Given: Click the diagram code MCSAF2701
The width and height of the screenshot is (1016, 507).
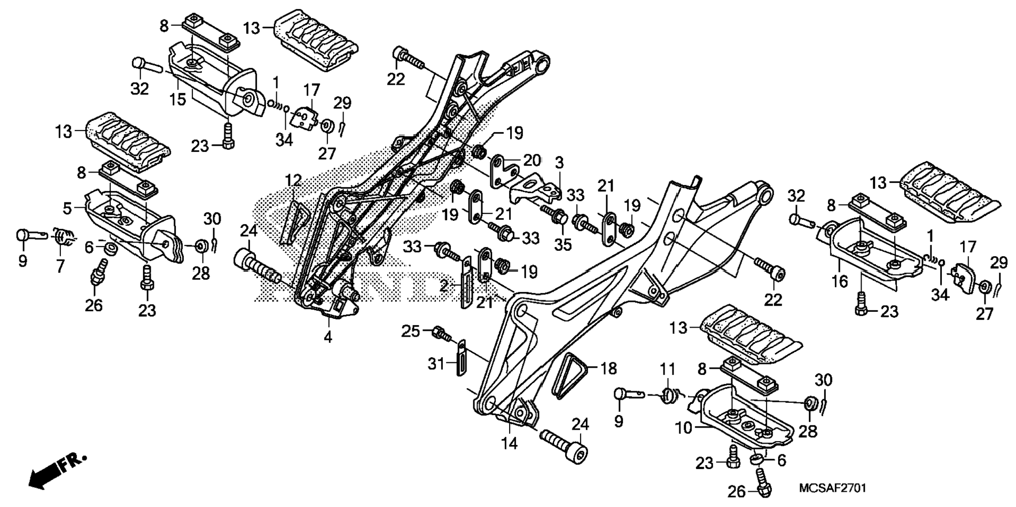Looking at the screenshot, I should click(x=832, y=488).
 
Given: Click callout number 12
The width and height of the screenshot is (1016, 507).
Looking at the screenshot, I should click(x=293, y=181).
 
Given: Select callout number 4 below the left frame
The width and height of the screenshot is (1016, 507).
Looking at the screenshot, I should click(x=328, y=337).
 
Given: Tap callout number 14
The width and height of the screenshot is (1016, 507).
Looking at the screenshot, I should click(x=510, y=443).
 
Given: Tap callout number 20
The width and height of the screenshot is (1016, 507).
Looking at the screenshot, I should click(x=531, y=160).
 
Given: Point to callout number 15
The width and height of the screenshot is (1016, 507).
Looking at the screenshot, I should click(x=178, y=99).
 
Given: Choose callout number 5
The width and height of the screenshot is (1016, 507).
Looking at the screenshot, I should click(x=67, y=208).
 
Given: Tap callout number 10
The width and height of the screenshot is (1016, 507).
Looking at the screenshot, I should click(x=683, y=428).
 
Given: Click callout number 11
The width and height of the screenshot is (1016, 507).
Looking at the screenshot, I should click(x=667, y=369).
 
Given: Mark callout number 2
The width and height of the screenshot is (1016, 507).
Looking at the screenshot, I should click(x=444, y=286).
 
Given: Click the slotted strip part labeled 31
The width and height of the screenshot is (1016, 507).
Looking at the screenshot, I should click(x=460, y=358).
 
